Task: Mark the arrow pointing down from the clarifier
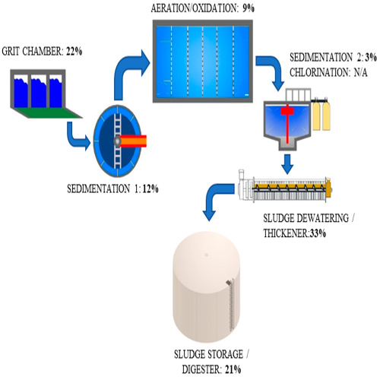(287, 163)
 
